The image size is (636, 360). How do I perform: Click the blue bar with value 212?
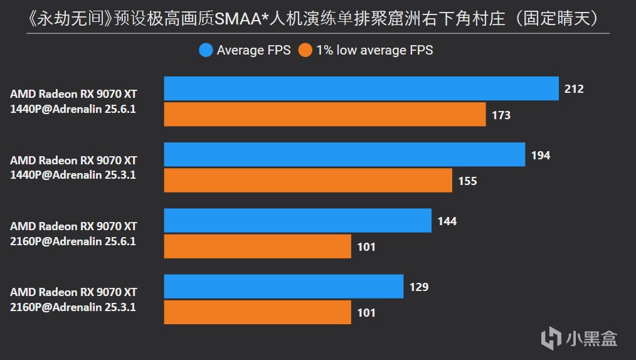pyautogui.click(x=361, y=88)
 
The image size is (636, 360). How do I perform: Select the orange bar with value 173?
pyautogui.click(x=325, y=115)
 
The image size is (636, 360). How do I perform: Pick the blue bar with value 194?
pyautogui.click(x=344, y=154)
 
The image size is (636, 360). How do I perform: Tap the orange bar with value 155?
pyautogui.click(x=308, y=181)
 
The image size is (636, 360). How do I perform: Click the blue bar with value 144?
pyautogui.click(x=298, y=221)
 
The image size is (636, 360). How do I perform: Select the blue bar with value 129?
pyautogui.click(x=284, y=287)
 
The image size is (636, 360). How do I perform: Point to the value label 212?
pyautogui.click(x=574, y=89)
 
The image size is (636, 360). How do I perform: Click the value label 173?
pyautogui.click(x=501, y=115)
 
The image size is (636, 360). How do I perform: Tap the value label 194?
pyautogui.click(x=540, y=155)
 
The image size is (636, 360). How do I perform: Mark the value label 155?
pyautogui.click(x=467, y=181)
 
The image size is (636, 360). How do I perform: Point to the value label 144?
pyautogui.click(x=447, y=221)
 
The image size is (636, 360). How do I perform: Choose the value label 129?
pyautogui.click(x=419, y=287)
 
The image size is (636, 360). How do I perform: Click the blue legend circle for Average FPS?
pyautogui.click(x=206, y=50)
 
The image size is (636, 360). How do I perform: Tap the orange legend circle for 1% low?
pyautogui.click(x=305, y=50)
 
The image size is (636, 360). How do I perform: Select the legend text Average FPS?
pyautogui.click(x=253, y=50)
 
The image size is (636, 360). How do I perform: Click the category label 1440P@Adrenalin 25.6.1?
pyautogui.click(x=73, y=109)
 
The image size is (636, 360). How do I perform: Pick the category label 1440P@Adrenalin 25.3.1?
pyautogui.click(x=73, y=175)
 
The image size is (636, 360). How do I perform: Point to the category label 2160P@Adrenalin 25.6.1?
pyautogui.click(x=73, y=241)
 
